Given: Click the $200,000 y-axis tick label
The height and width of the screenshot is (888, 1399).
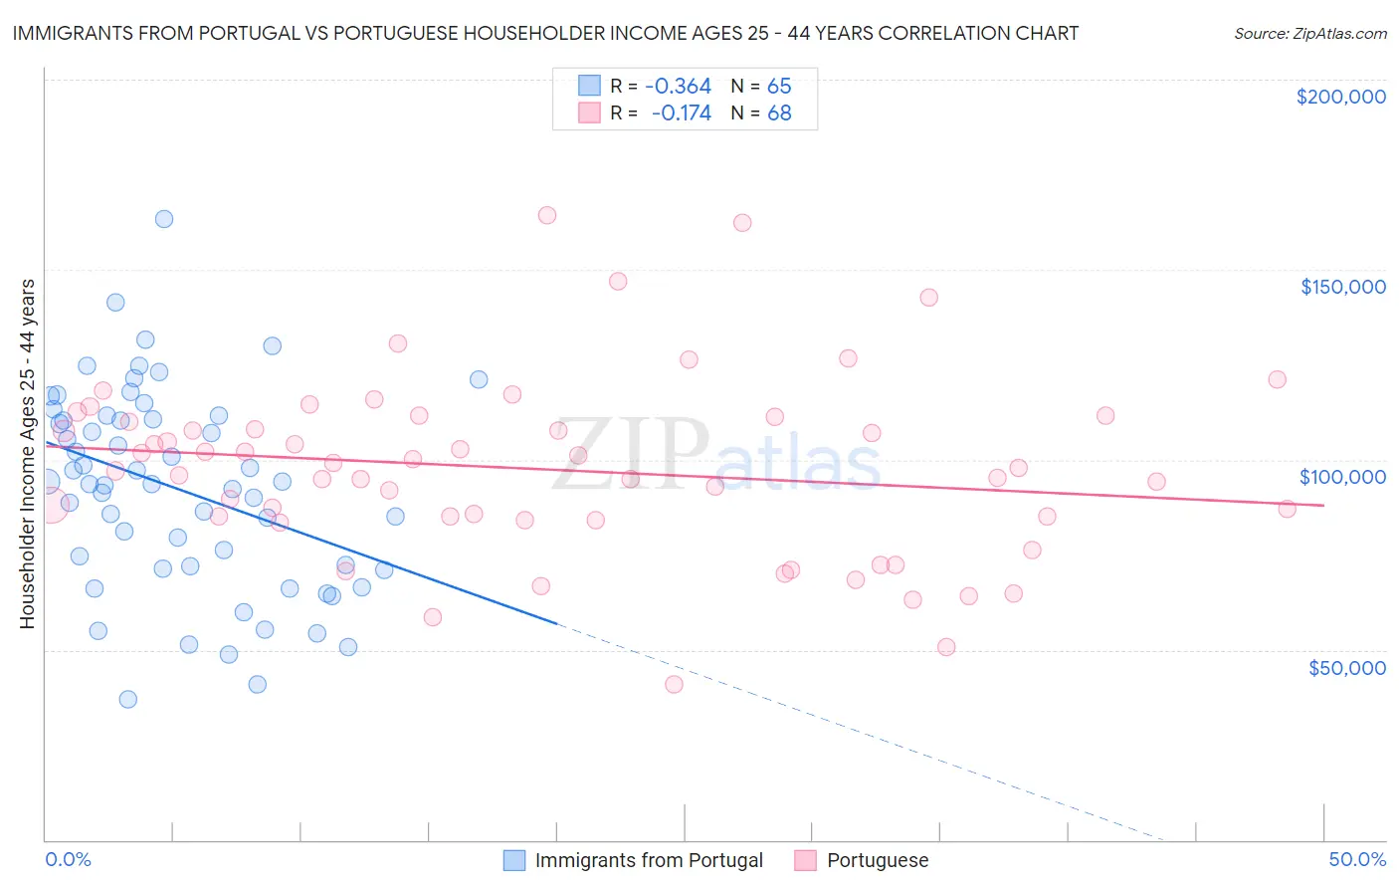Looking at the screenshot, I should point(1340,97).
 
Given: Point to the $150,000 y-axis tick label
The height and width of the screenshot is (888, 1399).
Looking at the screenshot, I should point(1342,287).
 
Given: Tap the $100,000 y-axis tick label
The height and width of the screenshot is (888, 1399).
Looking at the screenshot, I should point(1342,477).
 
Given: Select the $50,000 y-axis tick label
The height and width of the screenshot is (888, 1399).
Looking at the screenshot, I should point(1346,667).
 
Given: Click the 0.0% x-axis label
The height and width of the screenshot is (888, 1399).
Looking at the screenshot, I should point(68,859).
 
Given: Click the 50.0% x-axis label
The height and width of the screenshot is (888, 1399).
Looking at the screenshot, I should point(1357,859).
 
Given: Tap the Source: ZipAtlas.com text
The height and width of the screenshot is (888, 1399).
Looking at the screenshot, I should point(1309,33).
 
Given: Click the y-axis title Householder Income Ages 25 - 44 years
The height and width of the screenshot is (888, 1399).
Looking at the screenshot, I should point(27,453).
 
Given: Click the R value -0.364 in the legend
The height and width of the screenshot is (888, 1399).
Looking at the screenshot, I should point(678,87).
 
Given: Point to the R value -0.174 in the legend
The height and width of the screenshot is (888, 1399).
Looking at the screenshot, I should point(681,113).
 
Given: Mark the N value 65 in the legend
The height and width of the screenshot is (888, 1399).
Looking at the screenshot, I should point(779,87).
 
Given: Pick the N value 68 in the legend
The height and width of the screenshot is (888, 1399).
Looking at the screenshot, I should point(779,113).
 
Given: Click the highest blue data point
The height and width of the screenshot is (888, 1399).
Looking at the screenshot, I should point(164,219).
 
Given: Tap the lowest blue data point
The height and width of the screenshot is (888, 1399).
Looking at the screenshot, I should point(128,699).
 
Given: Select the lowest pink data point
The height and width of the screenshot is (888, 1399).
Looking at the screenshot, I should point(674,684).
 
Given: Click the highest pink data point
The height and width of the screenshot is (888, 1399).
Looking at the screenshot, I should point(546,215).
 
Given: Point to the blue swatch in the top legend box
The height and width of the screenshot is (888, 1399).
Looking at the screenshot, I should point(590,87).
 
